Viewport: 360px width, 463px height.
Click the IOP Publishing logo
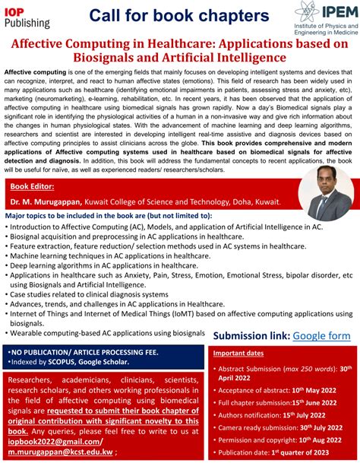click(x=27, y=17)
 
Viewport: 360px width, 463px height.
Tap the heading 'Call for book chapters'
click(x=178, y=15)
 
